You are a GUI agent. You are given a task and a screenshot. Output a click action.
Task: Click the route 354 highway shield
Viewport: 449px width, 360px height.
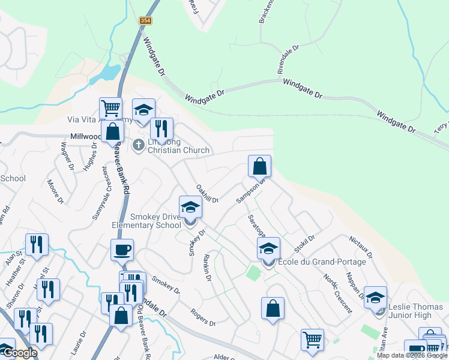[145, 20]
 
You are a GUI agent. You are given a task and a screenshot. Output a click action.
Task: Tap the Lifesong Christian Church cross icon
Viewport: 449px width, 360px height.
[138, 145]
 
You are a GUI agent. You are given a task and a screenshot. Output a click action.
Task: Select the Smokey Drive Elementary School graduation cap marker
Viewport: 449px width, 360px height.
[191, 208]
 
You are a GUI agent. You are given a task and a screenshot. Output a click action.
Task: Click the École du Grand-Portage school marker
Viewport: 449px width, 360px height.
[268, 248]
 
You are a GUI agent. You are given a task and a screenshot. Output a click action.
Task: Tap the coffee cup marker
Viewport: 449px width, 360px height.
[122, 250]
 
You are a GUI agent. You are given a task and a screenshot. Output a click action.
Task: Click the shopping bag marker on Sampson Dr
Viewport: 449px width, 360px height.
[259, 166]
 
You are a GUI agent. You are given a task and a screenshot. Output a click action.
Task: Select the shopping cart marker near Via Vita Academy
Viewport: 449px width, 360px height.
[110, 109]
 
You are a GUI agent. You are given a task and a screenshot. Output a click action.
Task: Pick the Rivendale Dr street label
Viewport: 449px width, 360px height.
[288, 59]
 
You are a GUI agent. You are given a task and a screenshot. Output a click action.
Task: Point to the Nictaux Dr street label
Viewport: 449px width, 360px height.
[360, 247]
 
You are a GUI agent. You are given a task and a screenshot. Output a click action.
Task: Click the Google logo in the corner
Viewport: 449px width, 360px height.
[19, 353]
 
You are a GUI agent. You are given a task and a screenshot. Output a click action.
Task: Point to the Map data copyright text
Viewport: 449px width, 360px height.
[412, 355]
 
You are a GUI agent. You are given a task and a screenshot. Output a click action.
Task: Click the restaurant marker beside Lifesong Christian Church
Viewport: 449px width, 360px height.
[161, 128]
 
